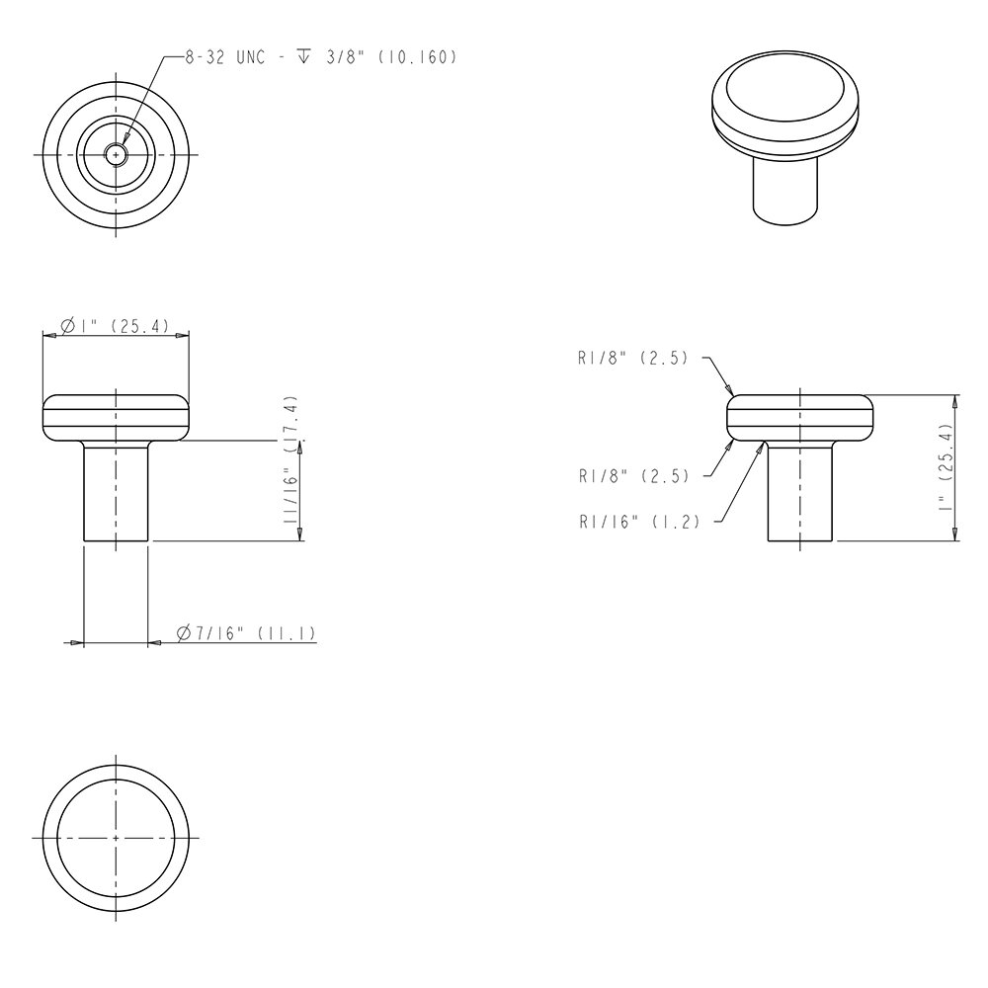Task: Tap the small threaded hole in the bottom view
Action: [x=117, y=155]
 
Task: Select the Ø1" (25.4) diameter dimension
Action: [x=117, y=325]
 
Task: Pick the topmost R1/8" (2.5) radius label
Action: [x=632, y=360]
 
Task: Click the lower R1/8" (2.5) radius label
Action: [x=632, y=475]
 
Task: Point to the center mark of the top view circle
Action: [x=117, y=837]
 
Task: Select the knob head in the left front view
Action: [x=117, y=417]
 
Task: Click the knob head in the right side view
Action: [x=801, y=417]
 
